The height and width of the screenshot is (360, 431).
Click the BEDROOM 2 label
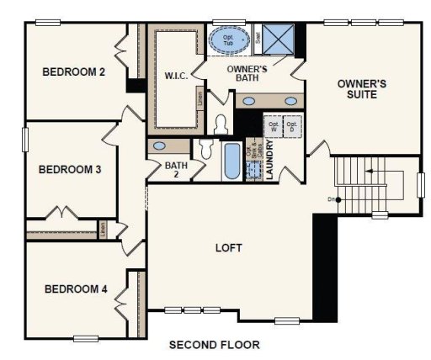coord(73,72)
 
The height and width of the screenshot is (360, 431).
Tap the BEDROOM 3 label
coord(70,170)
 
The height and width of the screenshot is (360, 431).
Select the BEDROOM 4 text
coord(76,289)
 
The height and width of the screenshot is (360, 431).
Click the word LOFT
coord(228,248)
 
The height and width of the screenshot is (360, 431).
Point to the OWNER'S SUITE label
coord(361,89)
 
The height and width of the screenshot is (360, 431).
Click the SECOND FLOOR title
coord(214,345)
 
